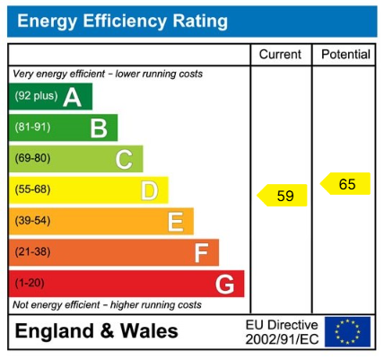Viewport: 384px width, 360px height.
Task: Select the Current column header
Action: point(280,55)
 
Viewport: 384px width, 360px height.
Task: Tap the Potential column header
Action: point(345,55)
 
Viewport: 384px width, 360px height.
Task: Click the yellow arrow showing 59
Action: point(283,195)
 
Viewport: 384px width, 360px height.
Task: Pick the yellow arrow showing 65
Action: point(345,184)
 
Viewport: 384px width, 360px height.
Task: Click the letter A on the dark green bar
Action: point(72,97)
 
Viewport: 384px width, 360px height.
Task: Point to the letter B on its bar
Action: point(98,128)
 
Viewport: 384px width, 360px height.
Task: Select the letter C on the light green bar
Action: point(124,160)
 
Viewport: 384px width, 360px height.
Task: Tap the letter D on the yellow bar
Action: point(149,190)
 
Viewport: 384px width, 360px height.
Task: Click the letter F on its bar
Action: point(201,253)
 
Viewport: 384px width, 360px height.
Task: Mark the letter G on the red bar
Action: point(225,285)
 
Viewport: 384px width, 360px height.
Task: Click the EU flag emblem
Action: point(347,332)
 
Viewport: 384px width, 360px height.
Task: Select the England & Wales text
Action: point(97,331)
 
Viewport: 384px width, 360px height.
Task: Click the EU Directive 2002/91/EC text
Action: point(282,332)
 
